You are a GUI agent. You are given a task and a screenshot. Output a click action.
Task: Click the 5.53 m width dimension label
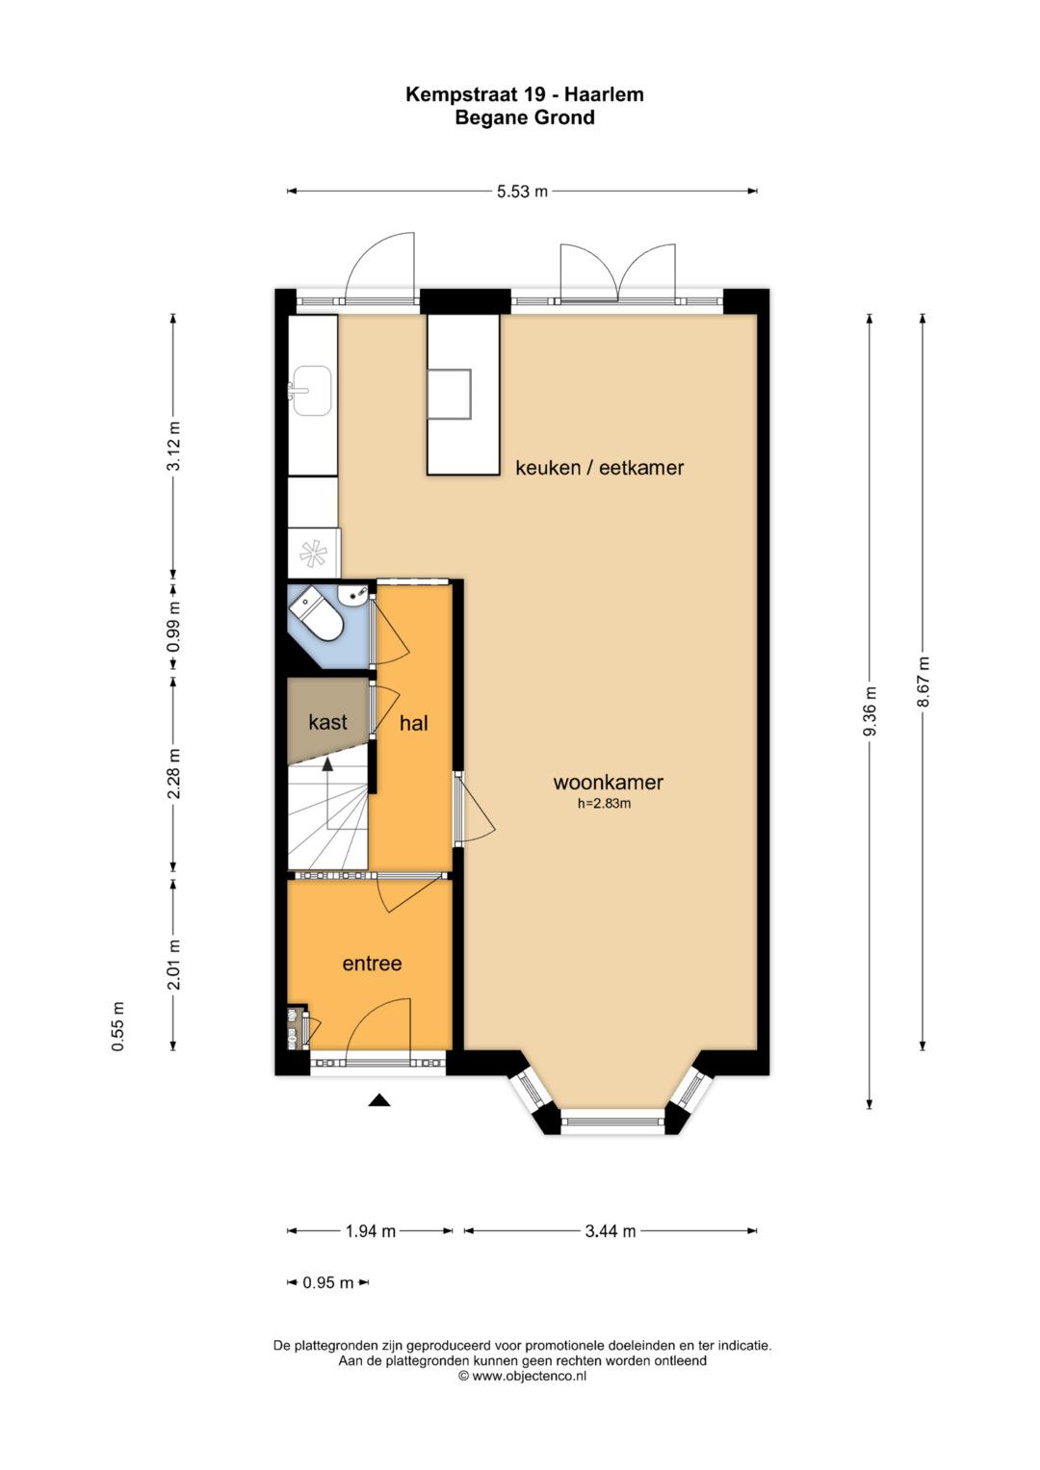pyautogui.click(x=522, y=192)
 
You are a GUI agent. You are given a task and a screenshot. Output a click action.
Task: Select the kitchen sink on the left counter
pyautogui.click(x=312, y=391)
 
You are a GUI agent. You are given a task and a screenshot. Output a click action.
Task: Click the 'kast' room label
pyautogui.click(x=327, y=723)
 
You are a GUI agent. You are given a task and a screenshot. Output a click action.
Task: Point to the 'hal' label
pyautogui.click(x=414, y=723)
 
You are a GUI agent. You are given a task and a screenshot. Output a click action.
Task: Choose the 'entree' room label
pyautogui.click(x=372, y=964)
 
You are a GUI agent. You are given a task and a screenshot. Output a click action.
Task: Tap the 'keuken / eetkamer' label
pyautogui.click(x=599, y=468)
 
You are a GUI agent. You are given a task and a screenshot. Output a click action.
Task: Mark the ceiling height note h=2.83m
pyautogui.click(x=604, y=803)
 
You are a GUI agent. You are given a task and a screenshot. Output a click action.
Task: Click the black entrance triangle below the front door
pyautogui.click(x=379, y=1100)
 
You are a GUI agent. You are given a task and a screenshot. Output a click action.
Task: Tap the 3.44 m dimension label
pyautogui.click(x=611, y=1231)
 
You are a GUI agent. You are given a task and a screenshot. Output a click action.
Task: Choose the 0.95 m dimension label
pyautogui.click(x=327, y=1282)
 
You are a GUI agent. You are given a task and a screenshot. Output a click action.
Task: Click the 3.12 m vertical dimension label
pyautogui.click(x=173, y=446)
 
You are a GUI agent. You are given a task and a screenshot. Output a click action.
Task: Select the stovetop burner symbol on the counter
pyautogui.click(x=313, y=554)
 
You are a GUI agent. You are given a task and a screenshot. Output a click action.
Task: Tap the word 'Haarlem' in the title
pyautogui.click(x=604, y=94)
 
